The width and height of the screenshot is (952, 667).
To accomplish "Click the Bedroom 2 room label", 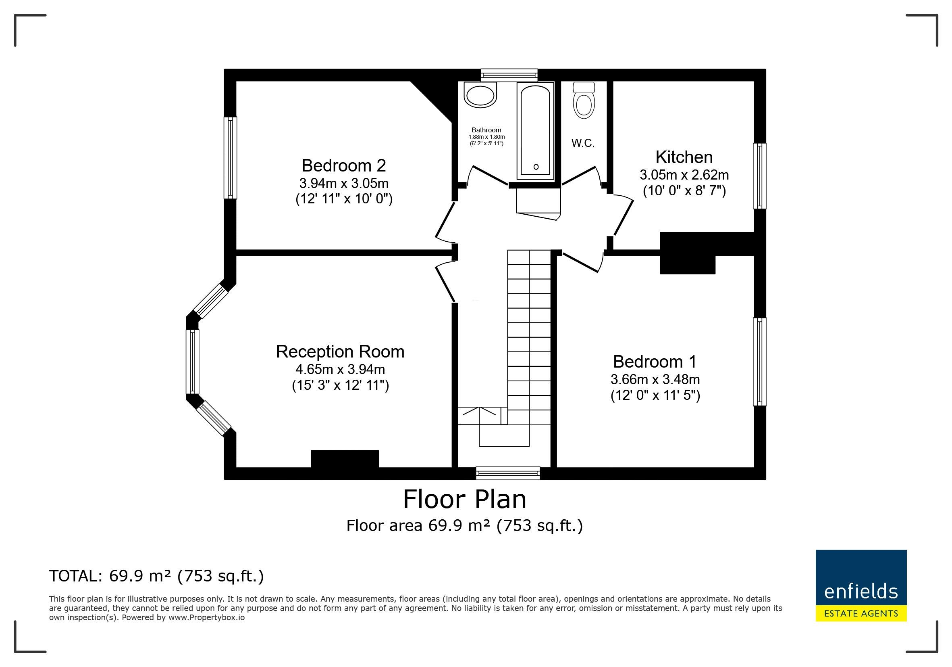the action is coord(344,165).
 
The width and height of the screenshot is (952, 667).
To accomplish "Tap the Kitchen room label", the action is coord(684,157).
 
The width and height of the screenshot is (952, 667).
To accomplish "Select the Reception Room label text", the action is coord(340,351).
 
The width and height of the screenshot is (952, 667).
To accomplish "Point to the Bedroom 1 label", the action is coord(655,362).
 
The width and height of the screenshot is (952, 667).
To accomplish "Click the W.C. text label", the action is coord(583,143).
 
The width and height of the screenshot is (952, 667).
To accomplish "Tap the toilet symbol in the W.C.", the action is coord(584,100).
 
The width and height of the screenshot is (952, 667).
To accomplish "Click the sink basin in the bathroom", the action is coord(480,95).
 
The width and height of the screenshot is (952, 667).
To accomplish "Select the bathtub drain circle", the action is coord(536,167).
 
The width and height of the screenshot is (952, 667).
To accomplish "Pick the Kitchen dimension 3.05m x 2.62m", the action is coord(684,175).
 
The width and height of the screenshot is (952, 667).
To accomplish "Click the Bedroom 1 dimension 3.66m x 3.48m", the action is coord(655,379).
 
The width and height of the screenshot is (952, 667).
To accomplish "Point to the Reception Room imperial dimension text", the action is coord(341,386).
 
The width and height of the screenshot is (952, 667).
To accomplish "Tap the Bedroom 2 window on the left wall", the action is coord(231,158).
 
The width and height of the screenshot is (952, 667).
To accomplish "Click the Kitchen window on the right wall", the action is coord(760,176).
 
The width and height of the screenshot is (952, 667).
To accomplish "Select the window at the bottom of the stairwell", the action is coord(508,473).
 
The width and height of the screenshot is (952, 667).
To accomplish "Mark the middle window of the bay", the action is coord(192,362).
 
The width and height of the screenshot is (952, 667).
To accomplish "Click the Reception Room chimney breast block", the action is coord(345,459).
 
